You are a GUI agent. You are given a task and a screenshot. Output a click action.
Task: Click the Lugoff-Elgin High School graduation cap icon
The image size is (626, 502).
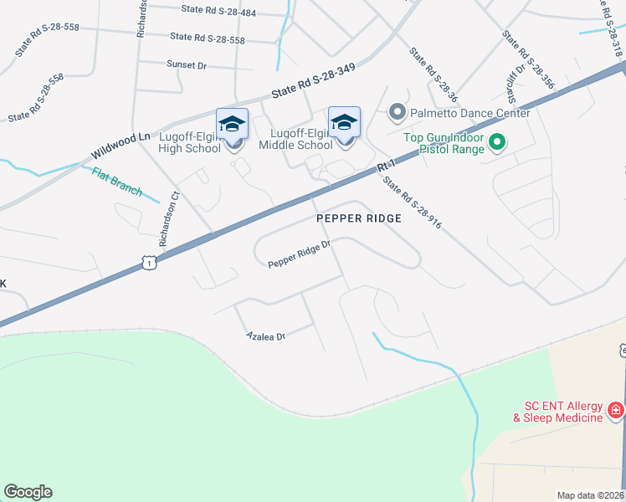tap(232, 124)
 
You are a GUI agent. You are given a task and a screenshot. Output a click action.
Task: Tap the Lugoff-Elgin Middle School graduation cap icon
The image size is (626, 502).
tap(344, 122)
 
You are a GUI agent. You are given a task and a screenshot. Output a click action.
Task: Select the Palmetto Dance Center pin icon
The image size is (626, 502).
tap(398, 111)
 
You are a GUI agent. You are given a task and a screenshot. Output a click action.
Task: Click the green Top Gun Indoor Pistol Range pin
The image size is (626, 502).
tap(496, 142)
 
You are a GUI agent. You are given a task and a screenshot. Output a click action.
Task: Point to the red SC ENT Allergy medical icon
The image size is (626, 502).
tap(615, 410)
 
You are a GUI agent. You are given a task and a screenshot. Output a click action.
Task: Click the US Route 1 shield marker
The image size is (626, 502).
tap(148, 263)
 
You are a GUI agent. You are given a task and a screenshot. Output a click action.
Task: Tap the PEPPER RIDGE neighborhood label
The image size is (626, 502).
tap(359, 218)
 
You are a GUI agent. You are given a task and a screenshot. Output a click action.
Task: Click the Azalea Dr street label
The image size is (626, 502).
tap(266, 336)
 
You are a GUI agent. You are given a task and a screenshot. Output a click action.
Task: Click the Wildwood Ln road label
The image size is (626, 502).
tap(121, 146)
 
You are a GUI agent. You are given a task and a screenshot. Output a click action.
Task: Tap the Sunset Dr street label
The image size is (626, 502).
tap(186, 64)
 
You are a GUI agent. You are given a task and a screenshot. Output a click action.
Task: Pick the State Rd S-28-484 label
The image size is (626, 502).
tap(218, 10)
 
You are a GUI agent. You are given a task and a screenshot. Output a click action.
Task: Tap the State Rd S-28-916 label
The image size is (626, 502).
tap(412, 202)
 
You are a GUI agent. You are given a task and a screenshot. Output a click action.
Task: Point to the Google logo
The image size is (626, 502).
tap(28, 492)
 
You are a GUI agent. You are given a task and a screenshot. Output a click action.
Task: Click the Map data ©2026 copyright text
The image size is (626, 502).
tap(591, 494)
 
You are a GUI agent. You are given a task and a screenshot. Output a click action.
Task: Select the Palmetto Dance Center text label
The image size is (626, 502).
tap(470, 113)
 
